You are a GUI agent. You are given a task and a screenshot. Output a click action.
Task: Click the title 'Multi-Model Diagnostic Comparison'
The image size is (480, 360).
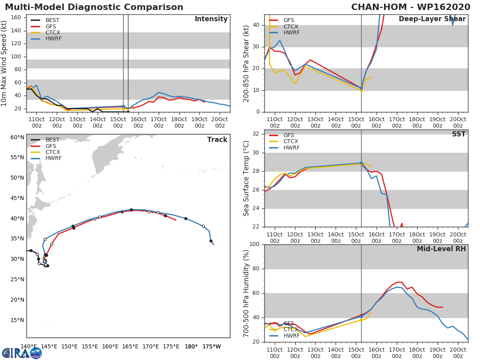pos(94,7)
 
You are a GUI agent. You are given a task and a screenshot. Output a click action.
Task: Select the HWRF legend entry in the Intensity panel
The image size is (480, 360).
pos(53,39)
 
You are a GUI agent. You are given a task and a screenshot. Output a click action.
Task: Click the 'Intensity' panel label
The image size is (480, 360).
pos(211,19)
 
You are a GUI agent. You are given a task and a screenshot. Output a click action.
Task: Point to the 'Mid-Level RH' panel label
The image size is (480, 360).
pos(441,249)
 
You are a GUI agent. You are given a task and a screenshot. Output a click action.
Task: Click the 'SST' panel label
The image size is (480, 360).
pos(458,134)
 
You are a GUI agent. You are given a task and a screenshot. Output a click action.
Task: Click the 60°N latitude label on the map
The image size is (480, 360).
pos(17,137)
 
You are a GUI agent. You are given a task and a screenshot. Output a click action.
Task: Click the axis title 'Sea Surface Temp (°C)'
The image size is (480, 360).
pos(246,178)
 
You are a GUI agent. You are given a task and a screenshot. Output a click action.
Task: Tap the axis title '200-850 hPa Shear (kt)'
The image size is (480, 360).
pos(246,63)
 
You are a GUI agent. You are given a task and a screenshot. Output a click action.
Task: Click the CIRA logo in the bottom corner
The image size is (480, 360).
pos(22,353)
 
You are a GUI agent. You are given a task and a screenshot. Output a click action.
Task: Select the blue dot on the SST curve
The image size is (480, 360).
pos(361,163)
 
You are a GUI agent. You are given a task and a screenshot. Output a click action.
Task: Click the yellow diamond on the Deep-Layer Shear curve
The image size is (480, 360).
pos(361,90)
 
